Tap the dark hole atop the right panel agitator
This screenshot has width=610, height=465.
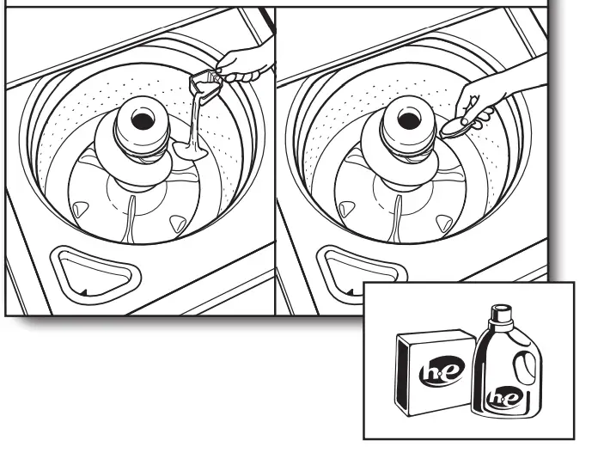pyautogui.click(x=408, y=113)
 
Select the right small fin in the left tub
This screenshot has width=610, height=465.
pyautogui.click(x=176, y=223)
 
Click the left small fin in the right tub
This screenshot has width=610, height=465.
pyautogui.click(x=347, y=208)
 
